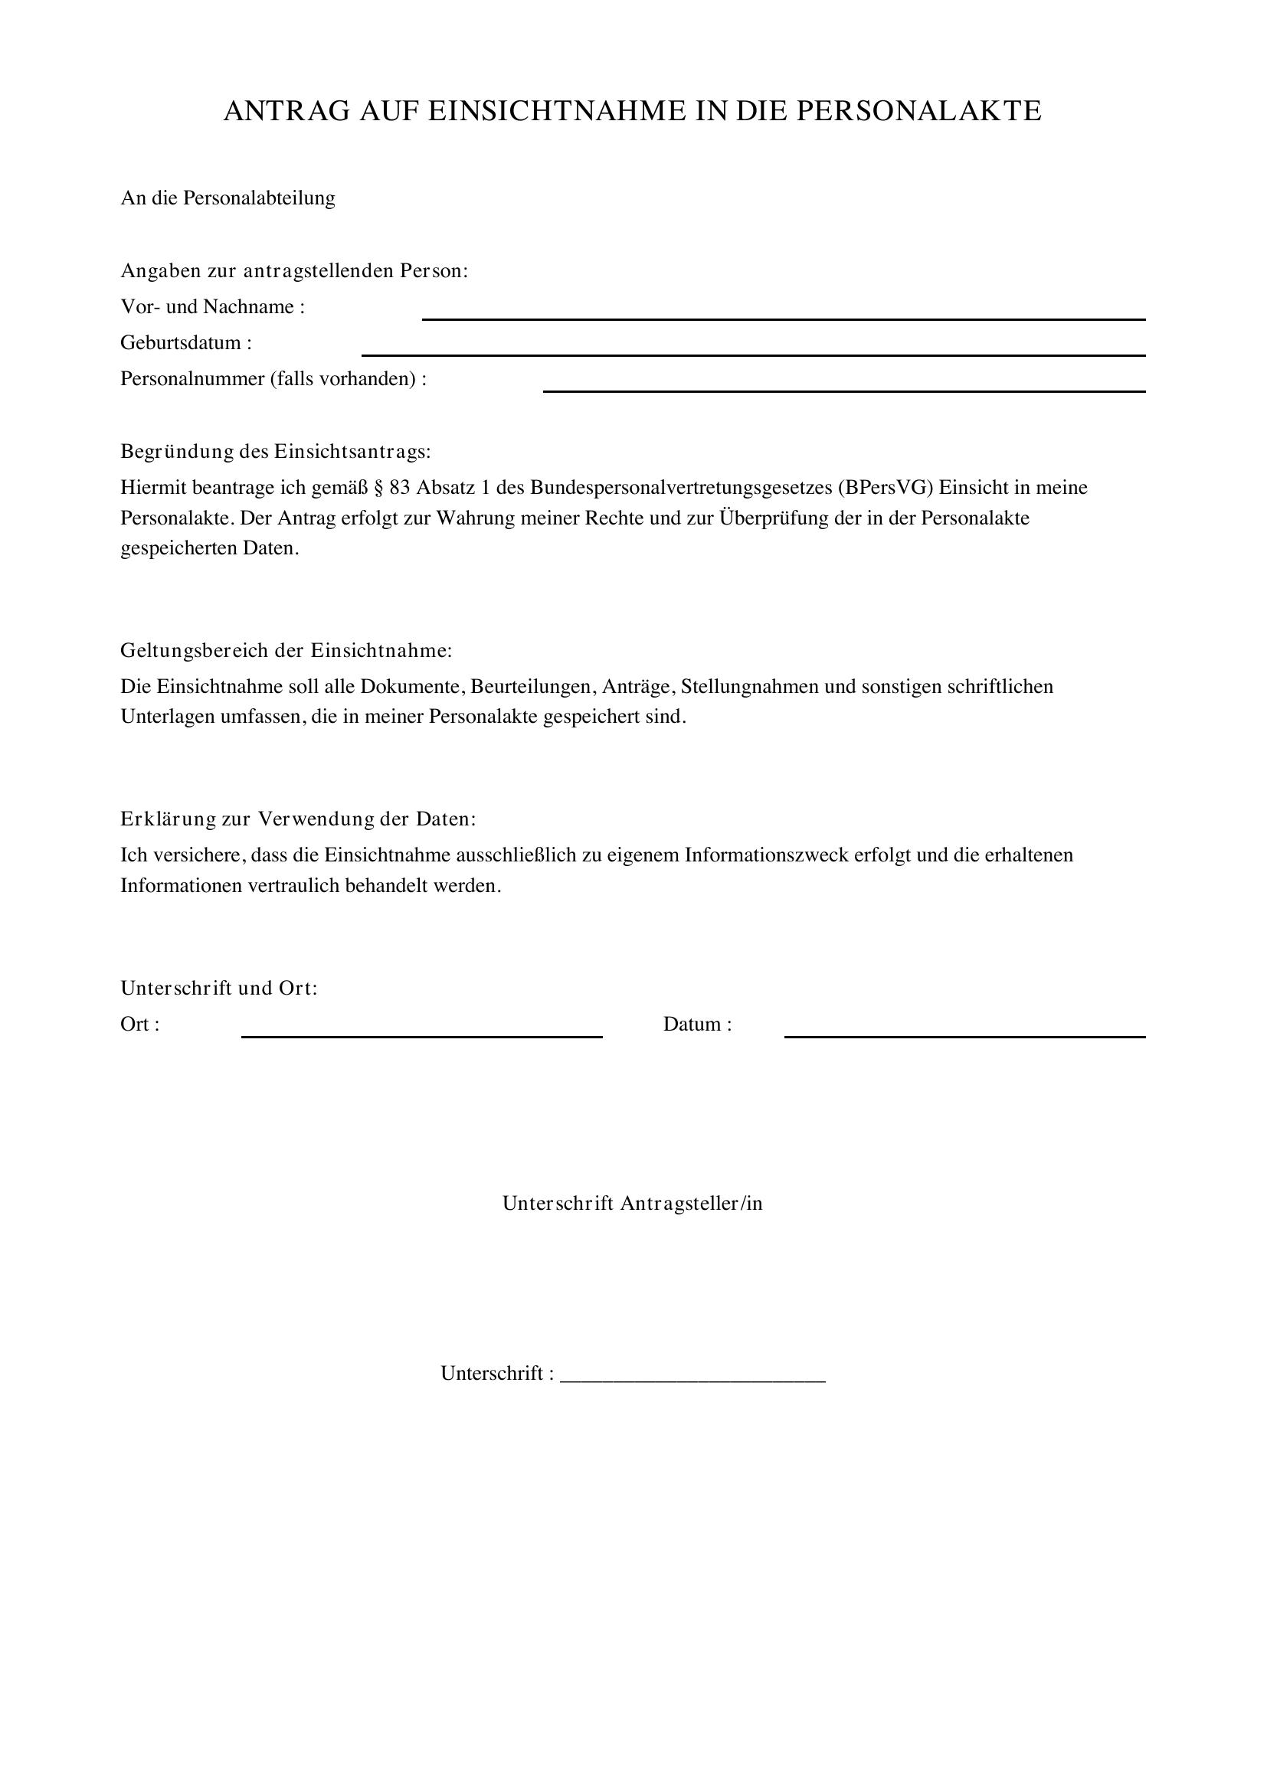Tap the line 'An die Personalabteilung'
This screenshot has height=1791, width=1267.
tap(228, 198)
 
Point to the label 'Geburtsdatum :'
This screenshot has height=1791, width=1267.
tap(186, 343)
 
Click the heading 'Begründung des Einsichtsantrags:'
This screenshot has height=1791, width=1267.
tap(276, 452)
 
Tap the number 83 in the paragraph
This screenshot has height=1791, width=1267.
tap(399, 488)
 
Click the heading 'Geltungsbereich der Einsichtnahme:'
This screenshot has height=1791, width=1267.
tap(286, 651)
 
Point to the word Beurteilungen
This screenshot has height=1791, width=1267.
tap(531, 686)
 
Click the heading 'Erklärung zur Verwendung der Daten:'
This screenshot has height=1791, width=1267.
tap(298, 819)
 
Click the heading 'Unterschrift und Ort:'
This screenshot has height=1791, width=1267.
tap(219, 989)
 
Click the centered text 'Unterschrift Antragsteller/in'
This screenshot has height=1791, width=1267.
tap(633, 1204)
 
